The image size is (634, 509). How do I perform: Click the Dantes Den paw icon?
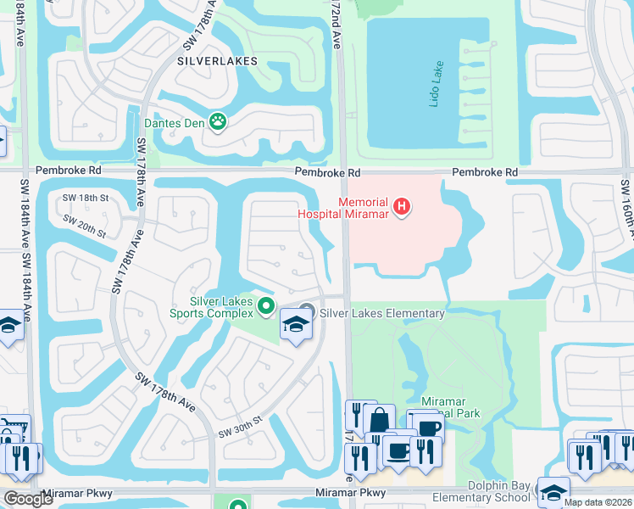219,122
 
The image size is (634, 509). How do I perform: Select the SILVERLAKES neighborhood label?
216,61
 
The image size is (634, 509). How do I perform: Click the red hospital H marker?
403,206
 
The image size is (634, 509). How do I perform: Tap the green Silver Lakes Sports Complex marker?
266,306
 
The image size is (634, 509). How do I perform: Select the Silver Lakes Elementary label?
381,313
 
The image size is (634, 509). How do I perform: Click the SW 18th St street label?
86,198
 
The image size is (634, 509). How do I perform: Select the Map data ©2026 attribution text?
598,502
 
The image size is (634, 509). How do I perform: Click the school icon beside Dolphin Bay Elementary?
553,491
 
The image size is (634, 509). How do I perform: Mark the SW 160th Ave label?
626,208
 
